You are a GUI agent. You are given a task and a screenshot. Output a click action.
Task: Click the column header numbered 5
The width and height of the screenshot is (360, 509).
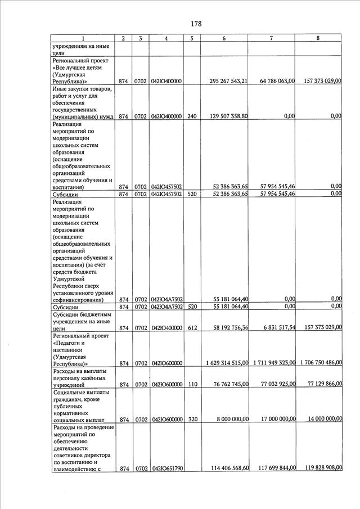click(192, 38)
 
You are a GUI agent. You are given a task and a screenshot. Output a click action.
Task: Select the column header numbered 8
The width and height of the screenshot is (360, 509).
click(318, 38)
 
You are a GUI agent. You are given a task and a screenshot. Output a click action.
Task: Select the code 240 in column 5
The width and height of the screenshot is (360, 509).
click(192, 116)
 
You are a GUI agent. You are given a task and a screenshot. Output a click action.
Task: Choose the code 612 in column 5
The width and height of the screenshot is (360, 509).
click(192, 328)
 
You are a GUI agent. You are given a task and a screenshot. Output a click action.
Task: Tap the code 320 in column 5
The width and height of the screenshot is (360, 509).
click(192, 420)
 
